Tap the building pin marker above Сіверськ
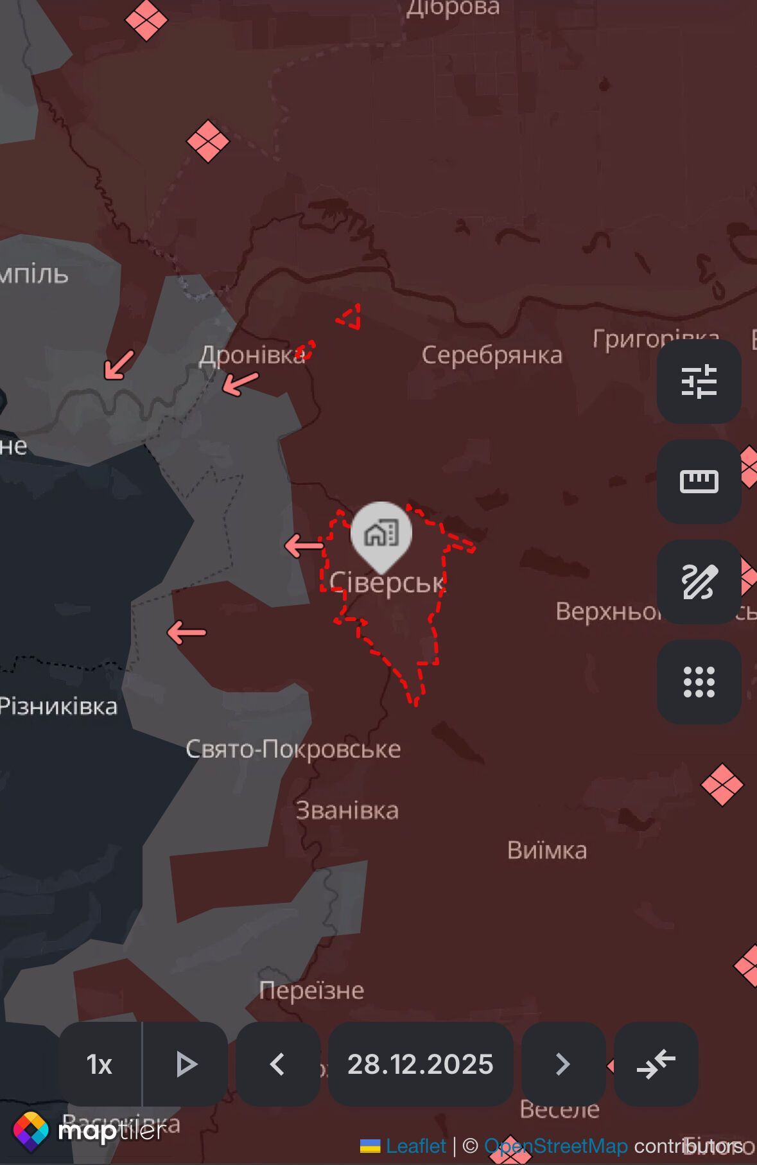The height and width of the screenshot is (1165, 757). coord(381,533)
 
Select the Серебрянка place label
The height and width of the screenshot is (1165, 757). coord(492,355)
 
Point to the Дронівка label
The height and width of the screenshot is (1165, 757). coord(252,355)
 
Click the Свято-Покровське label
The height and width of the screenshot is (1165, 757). coord(293,749)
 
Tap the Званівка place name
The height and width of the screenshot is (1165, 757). coord(347,810)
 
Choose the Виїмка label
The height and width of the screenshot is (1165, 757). coord(547,850)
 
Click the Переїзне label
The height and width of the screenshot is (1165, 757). coord(311,990)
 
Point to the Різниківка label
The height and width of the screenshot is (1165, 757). coord(58,706)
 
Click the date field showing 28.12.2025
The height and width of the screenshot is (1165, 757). coord(421,1064)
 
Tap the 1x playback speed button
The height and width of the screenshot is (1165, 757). coord(100,1064)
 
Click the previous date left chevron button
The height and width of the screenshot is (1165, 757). coord(277,1064)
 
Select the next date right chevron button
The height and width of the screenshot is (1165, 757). coord(562,1064)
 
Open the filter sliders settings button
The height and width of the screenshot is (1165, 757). coord(699,381)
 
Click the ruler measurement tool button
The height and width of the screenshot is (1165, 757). coord(699,481)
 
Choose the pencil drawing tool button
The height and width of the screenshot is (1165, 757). coord(699,582)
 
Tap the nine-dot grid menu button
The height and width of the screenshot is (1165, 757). coord(699,681)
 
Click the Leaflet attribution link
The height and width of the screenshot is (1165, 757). coord(415,1146)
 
